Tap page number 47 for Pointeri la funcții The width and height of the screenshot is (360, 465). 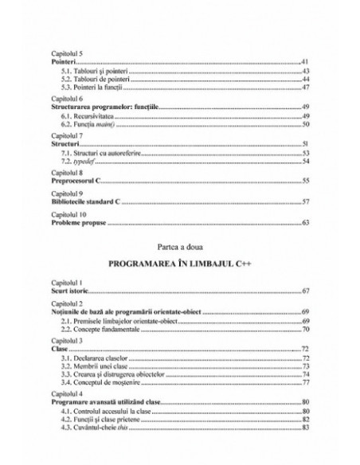(x=304, y=88)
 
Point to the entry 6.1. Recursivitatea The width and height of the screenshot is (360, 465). (x=86, y=116)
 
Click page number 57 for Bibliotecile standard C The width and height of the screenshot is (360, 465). (x=304, y=201)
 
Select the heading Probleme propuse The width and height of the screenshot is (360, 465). (x=78, y=222)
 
